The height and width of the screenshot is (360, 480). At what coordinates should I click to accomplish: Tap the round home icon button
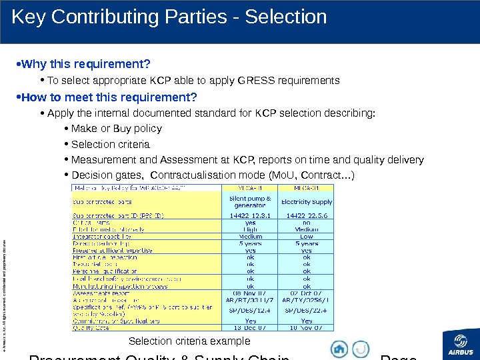[x=339, y=349]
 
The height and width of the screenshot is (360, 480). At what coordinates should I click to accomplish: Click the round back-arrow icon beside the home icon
[x=360, y=349]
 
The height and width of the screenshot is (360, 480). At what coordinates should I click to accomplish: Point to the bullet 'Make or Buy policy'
[x=116, y=128]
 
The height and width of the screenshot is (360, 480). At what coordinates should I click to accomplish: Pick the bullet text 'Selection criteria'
[x=110, y=144]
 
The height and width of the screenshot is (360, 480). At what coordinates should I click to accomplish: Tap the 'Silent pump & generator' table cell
[x=250, y=201]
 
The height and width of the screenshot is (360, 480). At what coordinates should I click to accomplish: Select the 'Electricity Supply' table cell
[x=307, y=201]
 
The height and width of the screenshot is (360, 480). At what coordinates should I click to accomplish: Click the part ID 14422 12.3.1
[x=250, y=216]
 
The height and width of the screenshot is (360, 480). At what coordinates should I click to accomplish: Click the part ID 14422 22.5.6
[x=307, y=216]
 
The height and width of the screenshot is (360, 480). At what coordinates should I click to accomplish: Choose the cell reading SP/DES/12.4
[x=250, y=311]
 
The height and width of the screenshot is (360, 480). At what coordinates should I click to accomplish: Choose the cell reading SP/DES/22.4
[x=307, y=311]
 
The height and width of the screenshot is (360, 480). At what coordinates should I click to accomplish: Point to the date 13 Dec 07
[x=250, y=327]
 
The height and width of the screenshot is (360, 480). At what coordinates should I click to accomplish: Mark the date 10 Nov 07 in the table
[x=307, y=327]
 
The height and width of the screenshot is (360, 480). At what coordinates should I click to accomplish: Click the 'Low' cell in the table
[x=307, y=236]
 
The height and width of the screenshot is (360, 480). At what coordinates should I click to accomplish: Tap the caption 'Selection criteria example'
[x=189, y=341]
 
